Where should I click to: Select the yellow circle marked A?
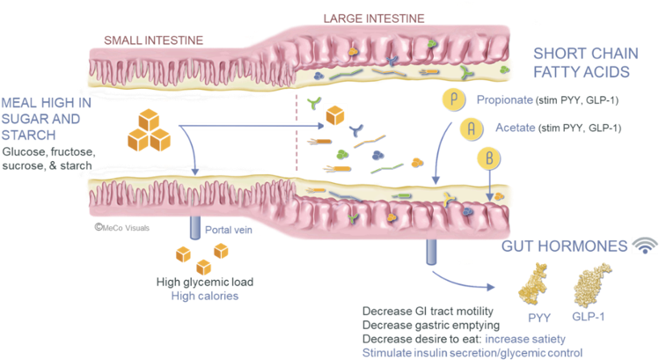472,129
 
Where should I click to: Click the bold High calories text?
205,297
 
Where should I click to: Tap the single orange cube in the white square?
335,115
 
